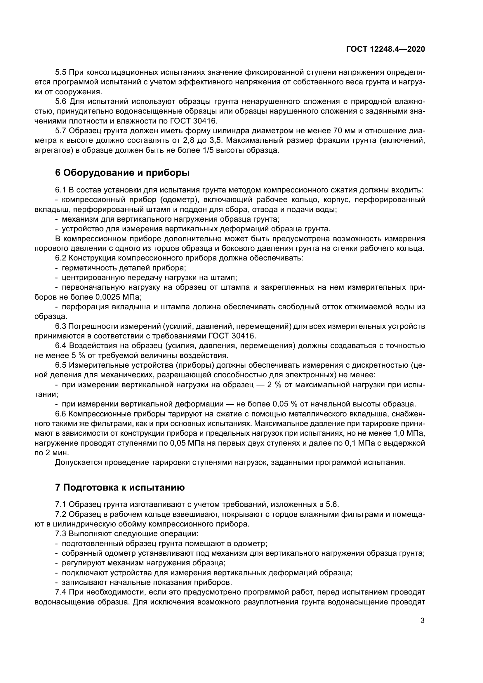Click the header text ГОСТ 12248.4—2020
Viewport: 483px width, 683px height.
click(385, 49)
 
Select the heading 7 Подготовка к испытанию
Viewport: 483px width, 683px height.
click(120, 488)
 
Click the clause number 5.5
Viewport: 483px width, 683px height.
click(61, 72)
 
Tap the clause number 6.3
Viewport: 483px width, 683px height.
click(61, 326)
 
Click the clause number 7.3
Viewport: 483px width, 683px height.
click(61, 534)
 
